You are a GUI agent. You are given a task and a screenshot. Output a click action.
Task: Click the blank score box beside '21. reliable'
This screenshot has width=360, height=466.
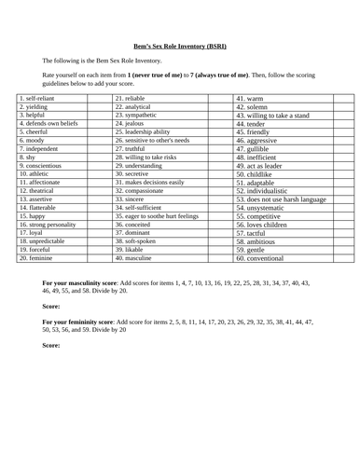[x=218, y=97]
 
